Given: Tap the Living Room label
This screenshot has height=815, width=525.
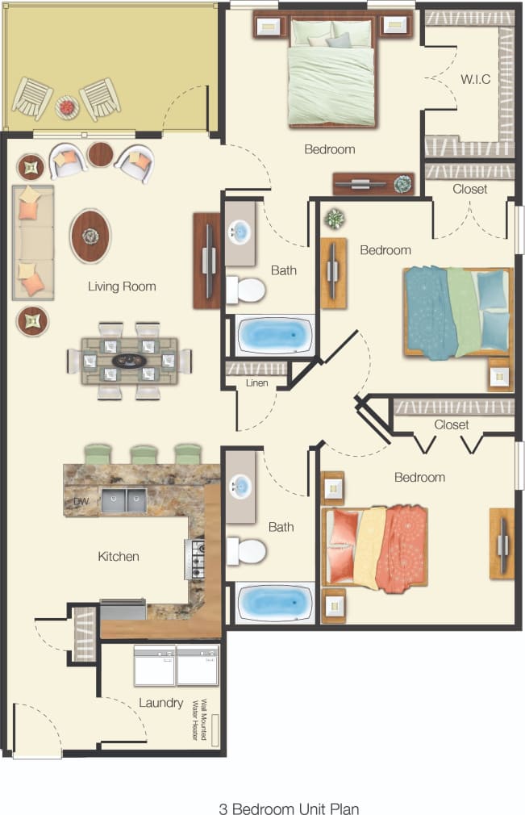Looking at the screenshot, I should [122, 286].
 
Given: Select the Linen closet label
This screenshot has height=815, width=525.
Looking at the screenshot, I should [256, 382].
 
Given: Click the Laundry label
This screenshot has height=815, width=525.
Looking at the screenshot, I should [160, 703].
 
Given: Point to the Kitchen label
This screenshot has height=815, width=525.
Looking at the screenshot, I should [119, 556].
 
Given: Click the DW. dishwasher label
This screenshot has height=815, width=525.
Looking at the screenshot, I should [81, 502].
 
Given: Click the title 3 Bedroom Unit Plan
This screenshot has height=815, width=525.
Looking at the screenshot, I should [289, 807].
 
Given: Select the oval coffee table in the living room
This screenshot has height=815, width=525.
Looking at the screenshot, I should [90, 236].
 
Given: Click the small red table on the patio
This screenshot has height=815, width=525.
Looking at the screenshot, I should [66, 105].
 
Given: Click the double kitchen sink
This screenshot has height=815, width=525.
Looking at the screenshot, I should [123, 501].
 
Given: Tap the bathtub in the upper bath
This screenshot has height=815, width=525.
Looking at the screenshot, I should [274, 333].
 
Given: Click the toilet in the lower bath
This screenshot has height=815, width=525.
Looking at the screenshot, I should [248, 552].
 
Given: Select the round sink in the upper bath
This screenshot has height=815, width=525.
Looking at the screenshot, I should [240, 232].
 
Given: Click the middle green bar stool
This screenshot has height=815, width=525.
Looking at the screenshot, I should [144, 453].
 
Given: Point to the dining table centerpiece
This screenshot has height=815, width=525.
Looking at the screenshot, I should [129, 360].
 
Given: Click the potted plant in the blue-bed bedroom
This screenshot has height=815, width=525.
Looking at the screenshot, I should [334, 219].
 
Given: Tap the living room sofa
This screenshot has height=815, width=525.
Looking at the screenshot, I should [32, 242].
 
